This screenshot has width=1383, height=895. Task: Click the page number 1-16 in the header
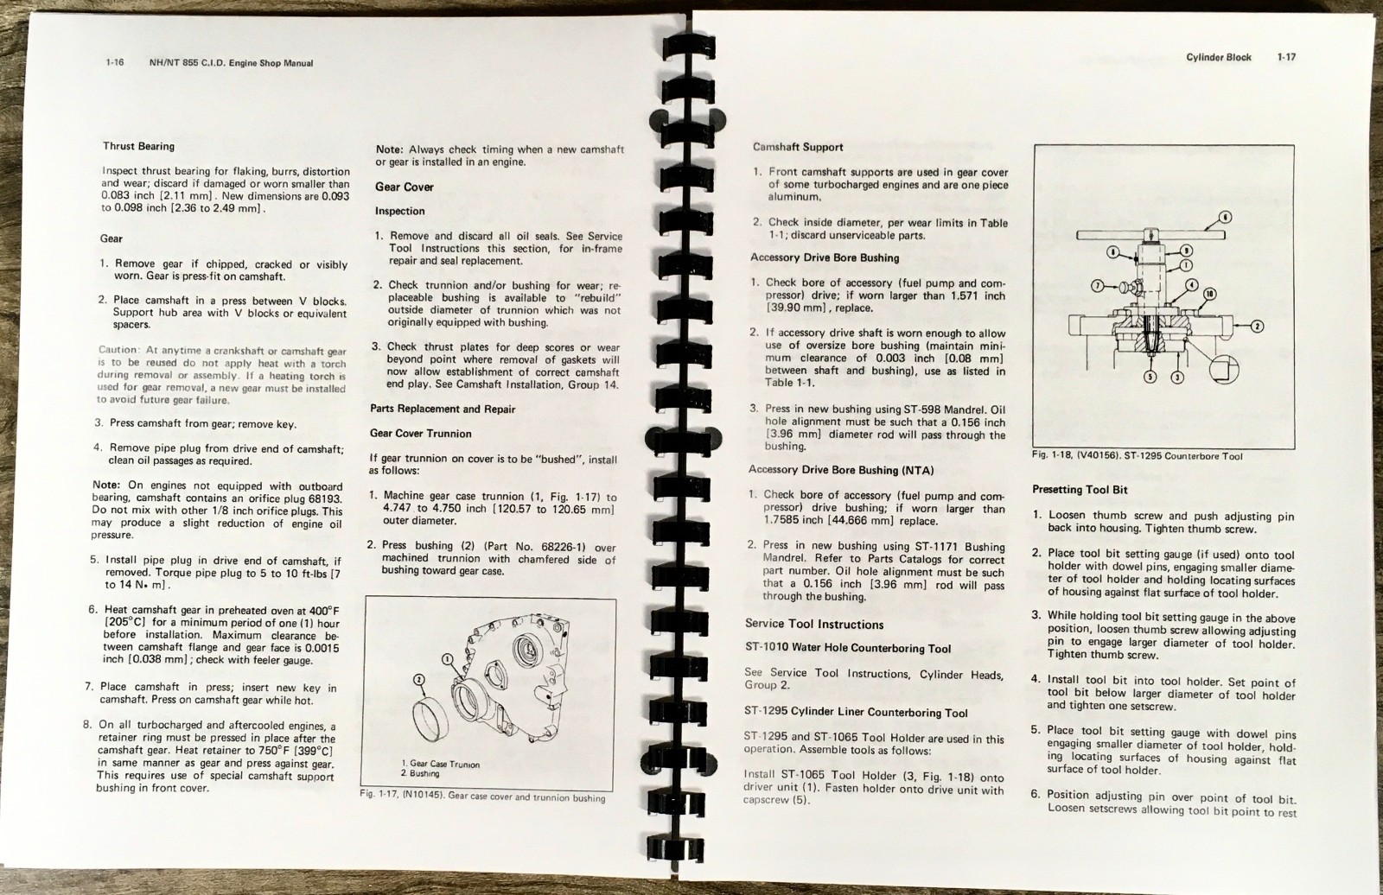pyautogui.click(x=115, y=62)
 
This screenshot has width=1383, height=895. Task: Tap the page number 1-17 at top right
pyautogui.click(x=1287, y=57)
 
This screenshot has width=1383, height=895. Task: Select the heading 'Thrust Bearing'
pyautogui.click(x=138, y=146)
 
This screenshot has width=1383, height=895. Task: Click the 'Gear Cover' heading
pyautogui.click(x=405, y=187)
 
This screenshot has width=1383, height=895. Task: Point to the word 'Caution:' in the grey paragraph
pyautogui.click(x=119, y=350)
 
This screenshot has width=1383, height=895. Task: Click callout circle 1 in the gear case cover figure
pyautogui.click(x=448, y=659)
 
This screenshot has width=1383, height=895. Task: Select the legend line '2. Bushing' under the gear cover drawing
pyautogui.click(x=420, y=773)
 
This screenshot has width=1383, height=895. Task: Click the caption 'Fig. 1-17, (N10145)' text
pyautogui.click(x=402, y=795)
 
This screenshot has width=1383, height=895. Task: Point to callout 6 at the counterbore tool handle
pyautogui.click(x=1226, y=217)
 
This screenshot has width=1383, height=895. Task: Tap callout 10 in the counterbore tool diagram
pyautogui.click(x=1209, y=295)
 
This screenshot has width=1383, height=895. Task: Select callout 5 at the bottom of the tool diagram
pyautogui.click(x=1150, y=377)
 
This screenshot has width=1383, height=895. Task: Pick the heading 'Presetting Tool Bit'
pyautogui.click(x=1080, y=490)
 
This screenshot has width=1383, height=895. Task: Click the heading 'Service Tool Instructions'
pyautogui.click(x=814, y=624)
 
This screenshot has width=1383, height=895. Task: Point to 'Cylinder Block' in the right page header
pyautogui.click(x=1219, y=57)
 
